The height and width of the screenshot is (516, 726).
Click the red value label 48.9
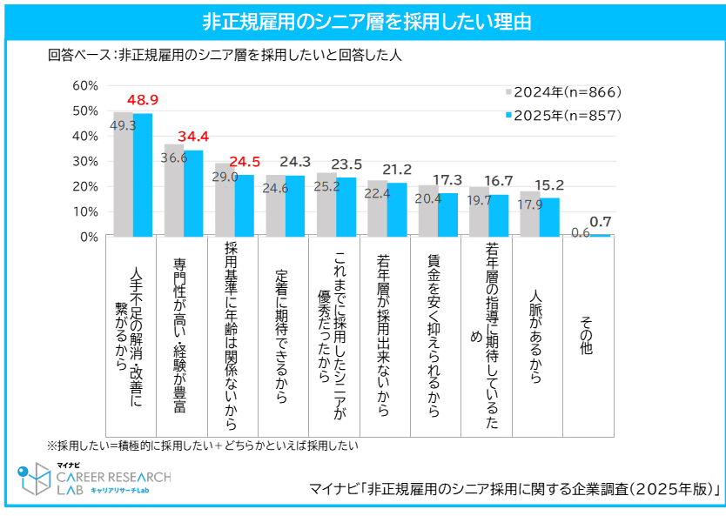coord(143,100)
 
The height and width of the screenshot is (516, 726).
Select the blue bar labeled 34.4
coord(193,192)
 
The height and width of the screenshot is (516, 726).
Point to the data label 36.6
coord(174,158)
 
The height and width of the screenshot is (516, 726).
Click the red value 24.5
coord(245,162)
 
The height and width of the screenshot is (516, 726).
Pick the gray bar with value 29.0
coord(224,204)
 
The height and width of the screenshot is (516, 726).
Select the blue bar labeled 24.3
coord(295,205)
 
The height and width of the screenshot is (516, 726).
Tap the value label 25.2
coord(327,186)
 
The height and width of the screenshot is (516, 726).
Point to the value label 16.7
coord(498,181)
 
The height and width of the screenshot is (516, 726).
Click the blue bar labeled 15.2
coord(549,217)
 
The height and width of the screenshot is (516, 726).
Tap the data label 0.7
coord(601,222)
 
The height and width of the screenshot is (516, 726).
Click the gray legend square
coord(509,91)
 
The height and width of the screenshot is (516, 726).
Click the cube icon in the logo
coord(35,479)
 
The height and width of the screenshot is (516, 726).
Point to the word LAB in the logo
coord(70,490)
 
